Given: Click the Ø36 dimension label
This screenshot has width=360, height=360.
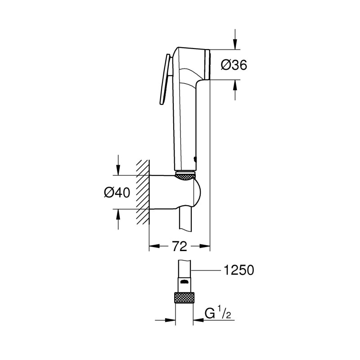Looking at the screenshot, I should [x=234, y=65].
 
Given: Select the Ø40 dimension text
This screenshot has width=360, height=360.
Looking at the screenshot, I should [x=117, y=192].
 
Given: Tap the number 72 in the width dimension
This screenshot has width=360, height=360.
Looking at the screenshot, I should [x=180, y=246].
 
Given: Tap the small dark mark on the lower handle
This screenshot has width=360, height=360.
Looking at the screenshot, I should [x=194, y=158].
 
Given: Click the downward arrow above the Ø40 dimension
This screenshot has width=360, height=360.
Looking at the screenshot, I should [x=118, y=169].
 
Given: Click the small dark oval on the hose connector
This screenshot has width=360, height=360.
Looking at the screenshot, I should [x=184, y=281].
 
